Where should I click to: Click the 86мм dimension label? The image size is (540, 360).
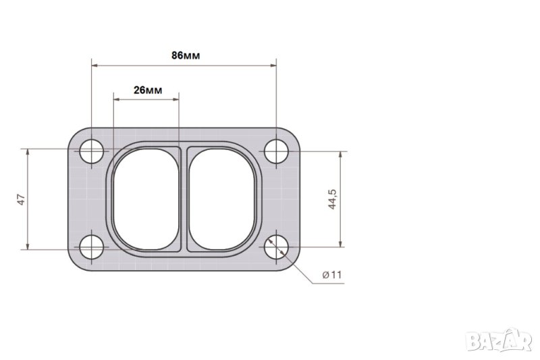point(186,55)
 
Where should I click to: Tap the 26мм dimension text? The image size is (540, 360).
point(148,91)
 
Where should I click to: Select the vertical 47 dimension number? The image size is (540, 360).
point(22,200)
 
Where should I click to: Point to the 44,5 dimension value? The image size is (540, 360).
point(332,199)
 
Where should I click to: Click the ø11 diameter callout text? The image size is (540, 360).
point(331,275)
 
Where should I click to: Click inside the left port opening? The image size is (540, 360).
point(146,199)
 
